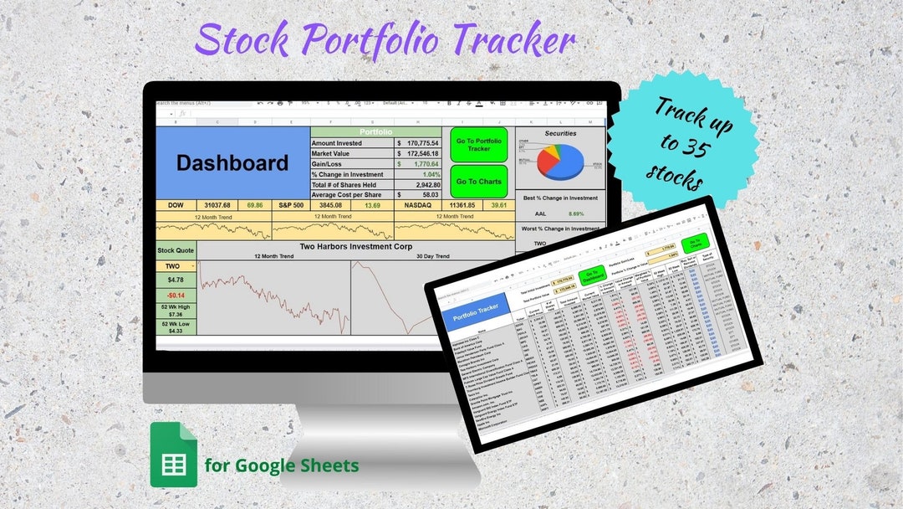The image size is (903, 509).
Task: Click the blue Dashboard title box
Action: (232, 163)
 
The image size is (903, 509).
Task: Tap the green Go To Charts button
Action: (478, 181)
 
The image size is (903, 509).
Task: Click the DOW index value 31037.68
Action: (217, 205)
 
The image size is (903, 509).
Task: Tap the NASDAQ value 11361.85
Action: (461, 205)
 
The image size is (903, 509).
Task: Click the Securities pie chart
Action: (559, 161)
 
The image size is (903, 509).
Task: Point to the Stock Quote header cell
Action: (176, 249)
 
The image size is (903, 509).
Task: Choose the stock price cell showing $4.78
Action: (176, 280)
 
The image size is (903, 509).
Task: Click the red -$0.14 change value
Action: (176, 296)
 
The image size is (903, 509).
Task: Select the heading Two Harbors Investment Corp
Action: (355, 247)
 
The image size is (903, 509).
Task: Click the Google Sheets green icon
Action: (173, 455)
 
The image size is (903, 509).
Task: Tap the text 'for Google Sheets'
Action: (282, 465)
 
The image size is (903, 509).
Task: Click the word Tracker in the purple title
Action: (508, 39)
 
